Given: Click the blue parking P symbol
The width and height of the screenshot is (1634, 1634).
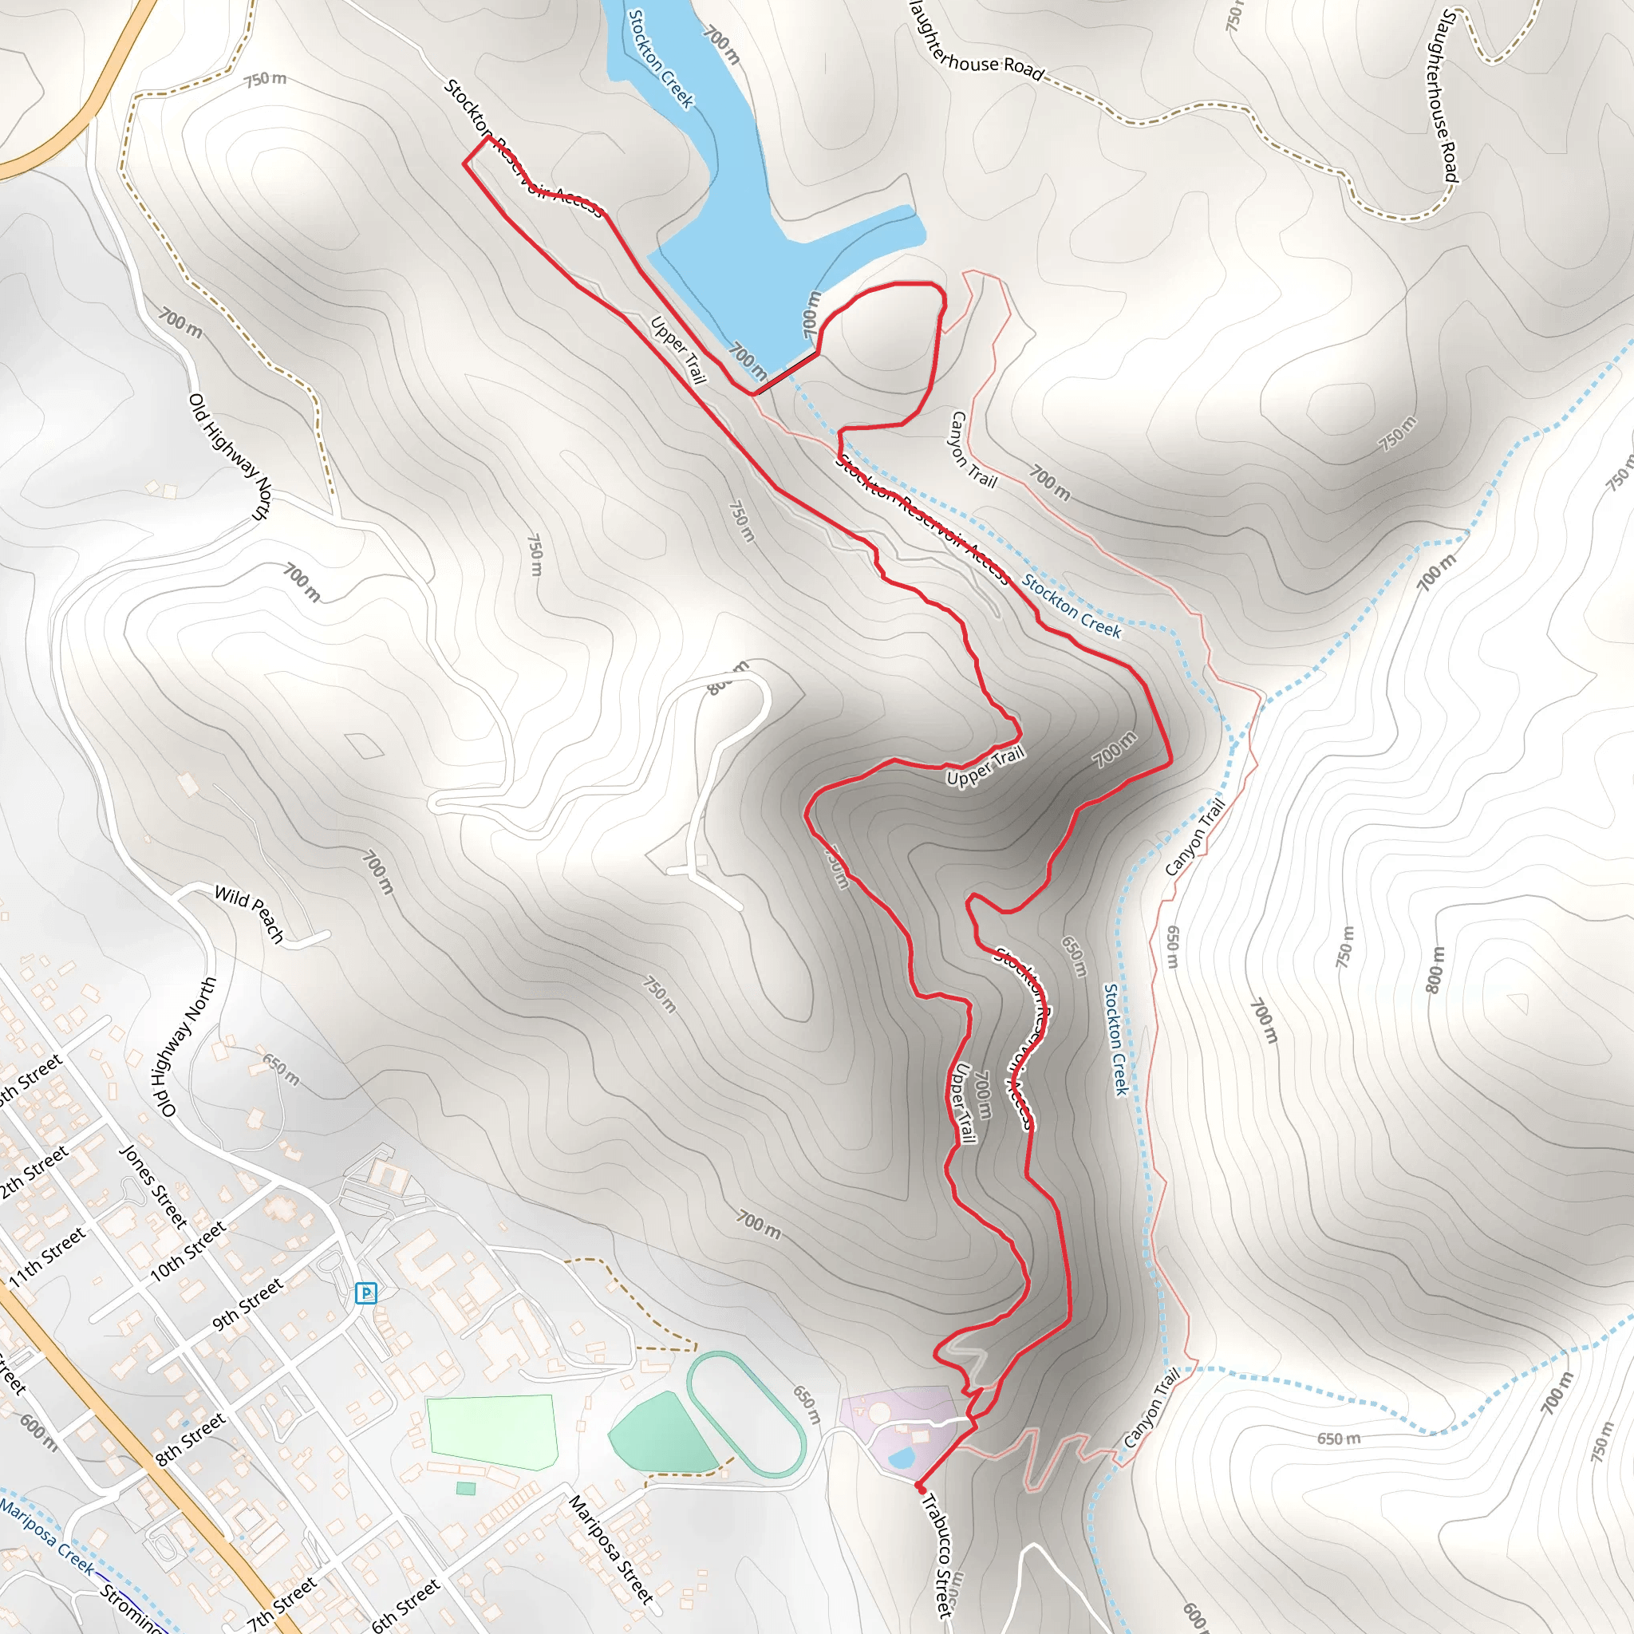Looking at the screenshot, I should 365,1293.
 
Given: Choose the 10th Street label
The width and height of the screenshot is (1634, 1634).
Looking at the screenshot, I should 187,1251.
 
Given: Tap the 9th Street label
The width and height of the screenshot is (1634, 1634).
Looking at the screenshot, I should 248,1305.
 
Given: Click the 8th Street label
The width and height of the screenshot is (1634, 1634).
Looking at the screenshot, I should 191,1438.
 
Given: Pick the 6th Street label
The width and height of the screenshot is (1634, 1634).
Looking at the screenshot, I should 406,1604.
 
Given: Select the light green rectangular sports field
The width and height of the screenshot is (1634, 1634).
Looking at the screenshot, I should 491,1432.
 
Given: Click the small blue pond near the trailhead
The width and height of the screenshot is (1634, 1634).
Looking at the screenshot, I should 902,1457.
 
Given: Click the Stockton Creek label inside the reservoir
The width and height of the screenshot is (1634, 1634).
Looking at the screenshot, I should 661,59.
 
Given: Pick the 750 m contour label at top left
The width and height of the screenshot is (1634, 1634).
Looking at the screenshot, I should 265,80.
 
